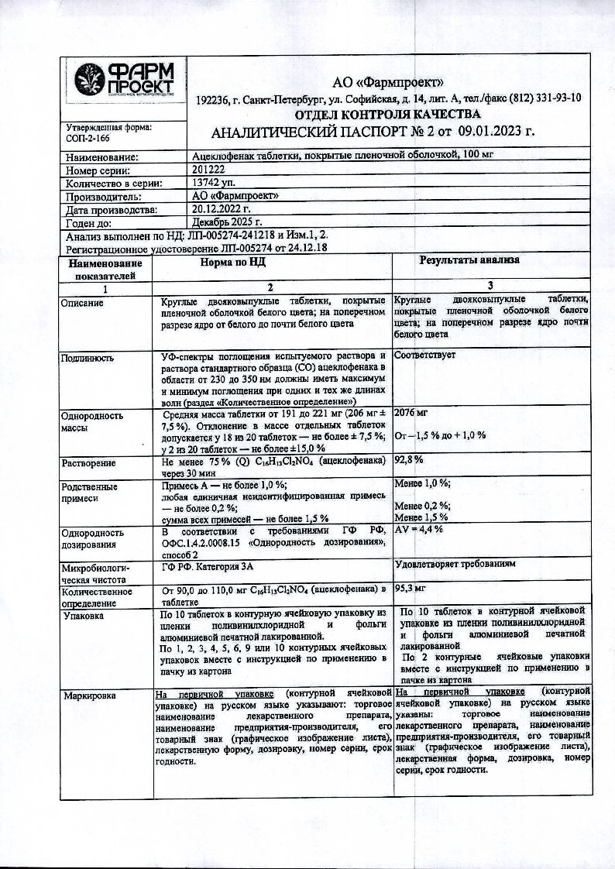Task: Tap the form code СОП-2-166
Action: pyautogui.click(x=84, y=139)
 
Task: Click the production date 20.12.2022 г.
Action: pyautogui.click(x=222, y=209)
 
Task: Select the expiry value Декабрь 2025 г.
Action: pyautogui.click(x=229, y=222)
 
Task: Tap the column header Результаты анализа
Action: pyautogui.click(x=469, y=261)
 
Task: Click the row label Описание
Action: pyautogui.click(x=82, y=302)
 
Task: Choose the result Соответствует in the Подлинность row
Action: pyautogui.click(x=425, y=355)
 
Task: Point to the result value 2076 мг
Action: pyautogui.click(x=411, y=415)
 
